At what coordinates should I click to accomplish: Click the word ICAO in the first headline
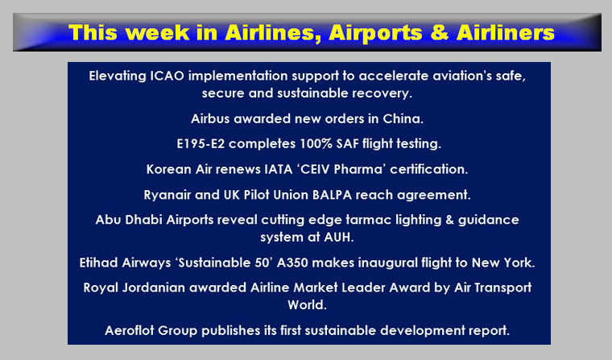tap(167, 76)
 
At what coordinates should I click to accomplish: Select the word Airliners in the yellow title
tap(506, 32)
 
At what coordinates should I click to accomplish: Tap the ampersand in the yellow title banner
tap(440, 32)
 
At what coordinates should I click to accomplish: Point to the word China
tap(403, 118)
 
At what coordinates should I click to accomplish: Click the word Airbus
tap(210, 118)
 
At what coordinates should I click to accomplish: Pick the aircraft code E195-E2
tap(201, 143)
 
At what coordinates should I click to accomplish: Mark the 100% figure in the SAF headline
tap(316, 143)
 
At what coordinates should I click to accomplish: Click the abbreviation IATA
tap(279, 169)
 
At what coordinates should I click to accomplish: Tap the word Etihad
tap(99, 263)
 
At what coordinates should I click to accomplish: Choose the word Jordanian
tap(153, 288)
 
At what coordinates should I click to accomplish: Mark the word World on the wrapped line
tap(307, 304)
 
